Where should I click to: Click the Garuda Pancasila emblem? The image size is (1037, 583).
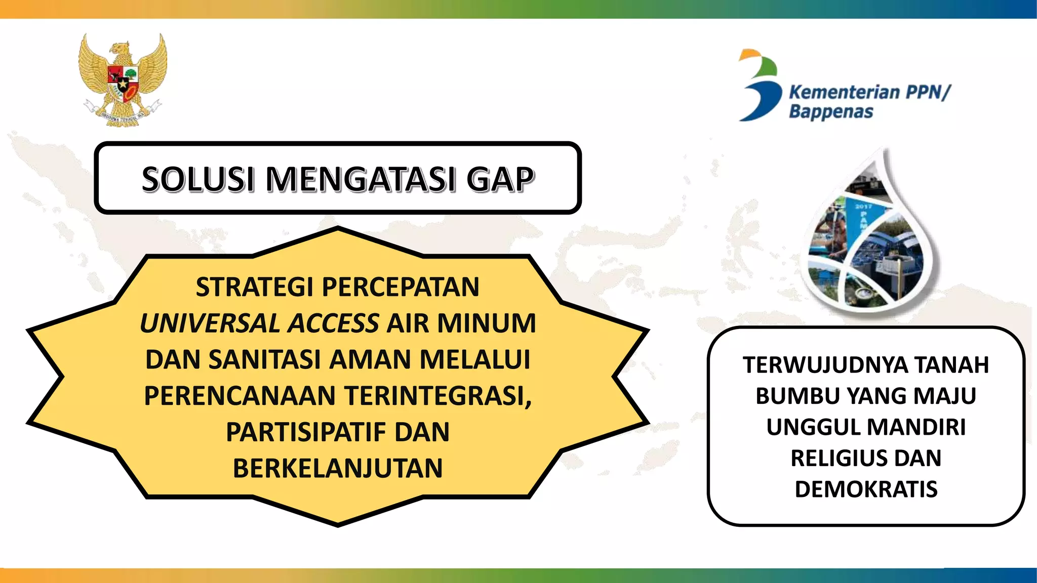pyautogui.click(x=123, y=79)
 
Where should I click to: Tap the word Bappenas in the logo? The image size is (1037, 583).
pyautogui.click(x=831, y=112)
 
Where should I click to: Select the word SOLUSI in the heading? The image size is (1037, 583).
pyautogui.click(x=197, y=179)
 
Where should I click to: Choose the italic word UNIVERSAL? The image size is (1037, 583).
pyautogui.click(x=209, y=323)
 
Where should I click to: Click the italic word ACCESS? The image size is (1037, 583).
pyautogui.click(x=333, y=323)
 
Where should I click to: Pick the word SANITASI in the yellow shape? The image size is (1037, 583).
pyautogui.click(x=265, y=360)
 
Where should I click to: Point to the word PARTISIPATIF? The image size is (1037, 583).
pyautogui.click(x=305, y=432)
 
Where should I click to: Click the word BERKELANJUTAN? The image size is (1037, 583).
pyautogui.click(x=338, y=468)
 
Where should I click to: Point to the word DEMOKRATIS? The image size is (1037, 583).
pyautogui.click(x=866, y=489)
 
